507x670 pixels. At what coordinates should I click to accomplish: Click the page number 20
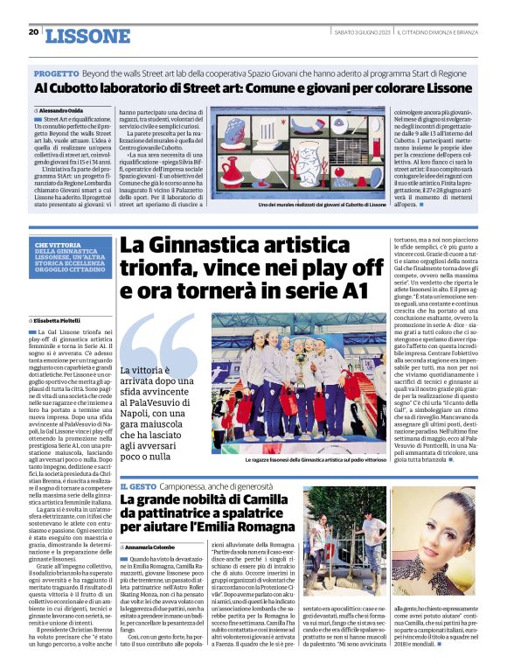tap(33, 32)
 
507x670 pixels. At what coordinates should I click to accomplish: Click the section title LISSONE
tap(87, 35)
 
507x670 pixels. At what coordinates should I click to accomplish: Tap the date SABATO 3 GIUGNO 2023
tap(361, 32)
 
